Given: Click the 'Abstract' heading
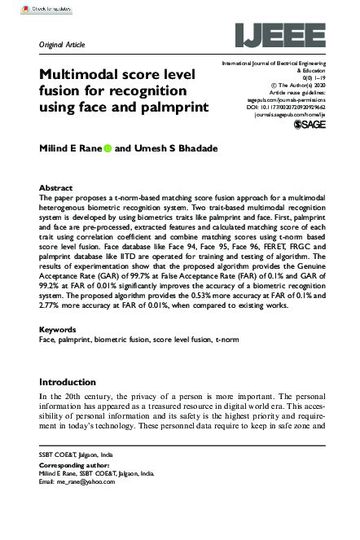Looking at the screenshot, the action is click(56, 187).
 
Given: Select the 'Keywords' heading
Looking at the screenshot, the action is click(59, 330).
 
